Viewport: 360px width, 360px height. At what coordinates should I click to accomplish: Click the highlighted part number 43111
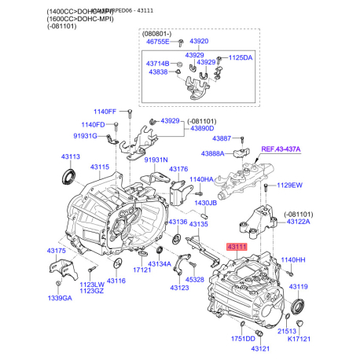(237, 247)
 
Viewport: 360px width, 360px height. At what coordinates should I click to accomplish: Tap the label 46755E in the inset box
(157, 41)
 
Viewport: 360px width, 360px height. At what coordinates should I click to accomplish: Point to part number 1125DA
(241, 57)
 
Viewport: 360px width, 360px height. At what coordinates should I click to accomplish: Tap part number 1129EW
(288, 186)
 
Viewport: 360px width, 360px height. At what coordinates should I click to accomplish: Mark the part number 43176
(178, 169)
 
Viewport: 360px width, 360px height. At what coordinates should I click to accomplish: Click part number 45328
(194, 280)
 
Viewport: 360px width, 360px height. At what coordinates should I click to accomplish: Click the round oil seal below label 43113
(71, 177)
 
